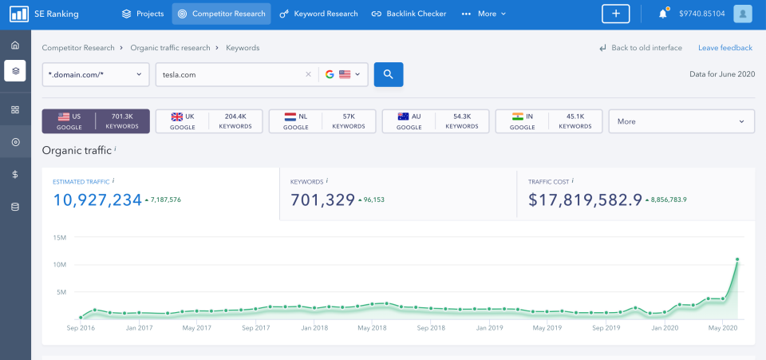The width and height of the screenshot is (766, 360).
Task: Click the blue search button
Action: (389, 74)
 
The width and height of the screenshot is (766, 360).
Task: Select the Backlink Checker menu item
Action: (409, 14)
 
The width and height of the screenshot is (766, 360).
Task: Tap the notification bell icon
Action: (662, 14)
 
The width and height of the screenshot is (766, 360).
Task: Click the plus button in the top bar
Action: (615, 14)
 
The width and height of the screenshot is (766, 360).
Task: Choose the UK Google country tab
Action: (208, 121)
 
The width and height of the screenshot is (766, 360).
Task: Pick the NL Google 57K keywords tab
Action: (322, 121)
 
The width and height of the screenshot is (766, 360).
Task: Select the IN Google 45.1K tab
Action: (548, 121)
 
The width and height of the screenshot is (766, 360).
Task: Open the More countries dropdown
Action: (681, 121)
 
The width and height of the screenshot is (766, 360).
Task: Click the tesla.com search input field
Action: (227, 74)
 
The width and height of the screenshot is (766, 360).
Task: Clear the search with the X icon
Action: (309, 74)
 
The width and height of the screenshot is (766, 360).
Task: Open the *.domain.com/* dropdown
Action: (96, 74)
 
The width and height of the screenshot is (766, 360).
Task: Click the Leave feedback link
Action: (725, 48)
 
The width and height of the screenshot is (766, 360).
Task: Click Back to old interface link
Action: (641, 48)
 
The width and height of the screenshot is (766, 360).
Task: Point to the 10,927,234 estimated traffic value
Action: (97, 200)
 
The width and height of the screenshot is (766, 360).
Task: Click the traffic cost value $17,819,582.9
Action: (585, 200)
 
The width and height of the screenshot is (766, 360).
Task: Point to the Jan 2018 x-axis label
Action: (314, 328)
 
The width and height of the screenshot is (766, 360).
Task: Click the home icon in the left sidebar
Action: (15, 45)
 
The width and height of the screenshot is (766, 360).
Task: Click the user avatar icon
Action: (743, 14)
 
